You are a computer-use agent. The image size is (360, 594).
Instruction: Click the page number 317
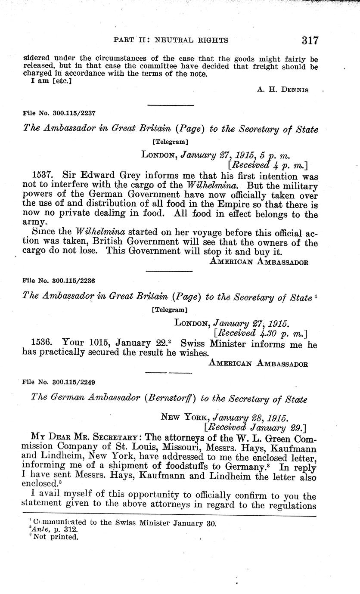[310, 41]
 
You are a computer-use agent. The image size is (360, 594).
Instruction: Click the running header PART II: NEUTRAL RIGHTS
[171, 40]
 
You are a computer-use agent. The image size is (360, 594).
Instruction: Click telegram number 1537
[43, 176]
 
